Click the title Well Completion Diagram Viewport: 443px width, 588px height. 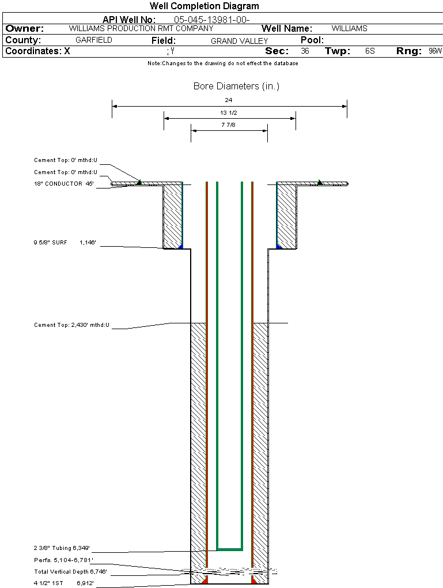pyautogui.click(x=204, y=6)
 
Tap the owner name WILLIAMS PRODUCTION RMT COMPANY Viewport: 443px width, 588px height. pyautogui.click(x=141, y=28)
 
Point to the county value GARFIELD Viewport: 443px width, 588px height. pyautogui.click(x=94, y=40)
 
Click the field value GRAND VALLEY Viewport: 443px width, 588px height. pyautogui.click(x=239, y=41)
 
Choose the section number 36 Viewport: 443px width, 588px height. pyautogui.click(x=305, y=51)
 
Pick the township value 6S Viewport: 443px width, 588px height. pyautogui.click(x=370, y=51)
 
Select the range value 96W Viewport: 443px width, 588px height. pyautogui.click(x=435, y=51)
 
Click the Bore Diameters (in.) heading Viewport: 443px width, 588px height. pyautogui.click(x=236, y=86)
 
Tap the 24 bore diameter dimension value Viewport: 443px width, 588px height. pyautogui.click(x=229, y=100)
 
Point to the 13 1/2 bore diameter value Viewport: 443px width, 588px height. pyautogui.click(x=229, y=112)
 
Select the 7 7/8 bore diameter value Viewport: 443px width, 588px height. pyautogui.click(x=229, y=125)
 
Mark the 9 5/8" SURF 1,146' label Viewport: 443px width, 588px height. pyautogui.click(x=64, y=243)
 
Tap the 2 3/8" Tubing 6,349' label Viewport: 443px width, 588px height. pyautogui.click(x=62, y=548)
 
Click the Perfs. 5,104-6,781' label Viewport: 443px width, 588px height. pyautogui.click(x=63, y=560)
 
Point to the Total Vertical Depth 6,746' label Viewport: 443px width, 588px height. pyautogui.click(x=70, y=572)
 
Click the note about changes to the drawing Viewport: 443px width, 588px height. pyautogui.click(x=222, y=63)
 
